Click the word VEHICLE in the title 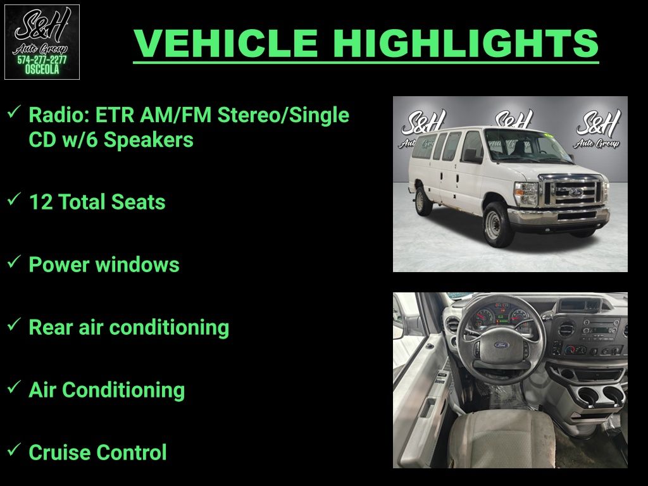[226, 43]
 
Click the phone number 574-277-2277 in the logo [42, 60]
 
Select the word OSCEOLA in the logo [42, 70]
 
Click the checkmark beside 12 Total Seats [14, 199]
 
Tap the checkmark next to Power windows [14, 261]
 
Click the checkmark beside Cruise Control [14, 449]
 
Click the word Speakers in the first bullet [148, 140]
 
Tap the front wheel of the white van [494, 225]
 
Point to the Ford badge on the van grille [575, 192]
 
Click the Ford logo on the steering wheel [501, 345]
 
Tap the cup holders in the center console [601, 396]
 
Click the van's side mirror [471, 156]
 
